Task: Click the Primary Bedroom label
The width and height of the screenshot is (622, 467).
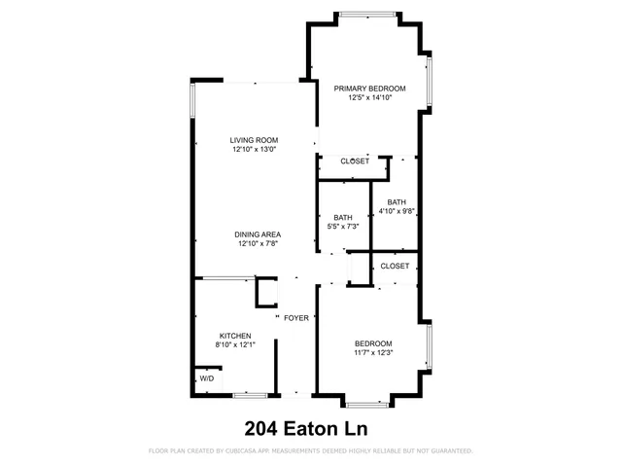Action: [369, 89]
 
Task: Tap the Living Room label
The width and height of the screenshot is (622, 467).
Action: [254, 140]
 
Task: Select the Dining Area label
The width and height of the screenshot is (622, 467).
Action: [258, 234]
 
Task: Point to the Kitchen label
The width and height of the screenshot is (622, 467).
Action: [234, 336]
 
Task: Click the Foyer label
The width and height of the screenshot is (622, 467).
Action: [295, 318]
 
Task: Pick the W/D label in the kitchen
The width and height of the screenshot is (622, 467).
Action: [207, 377]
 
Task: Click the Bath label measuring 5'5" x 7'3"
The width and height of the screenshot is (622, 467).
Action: [343, 217]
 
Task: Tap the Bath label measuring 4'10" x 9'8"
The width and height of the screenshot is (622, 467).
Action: [396, 201]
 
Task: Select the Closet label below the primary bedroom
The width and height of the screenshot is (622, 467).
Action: [354, 162]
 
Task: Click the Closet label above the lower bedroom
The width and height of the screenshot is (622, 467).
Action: [395, 266]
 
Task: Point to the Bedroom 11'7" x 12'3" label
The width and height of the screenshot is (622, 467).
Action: [373, 343]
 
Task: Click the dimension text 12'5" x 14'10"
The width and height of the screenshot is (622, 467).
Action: [369, 98]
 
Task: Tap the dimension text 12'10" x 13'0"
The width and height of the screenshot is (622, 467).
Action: [254, 150]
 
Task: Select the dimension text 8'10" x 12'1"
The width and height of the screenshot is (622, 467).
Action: [234, 345]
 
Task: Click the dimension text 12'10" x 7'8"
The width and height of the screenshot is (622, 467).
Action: [258, 244]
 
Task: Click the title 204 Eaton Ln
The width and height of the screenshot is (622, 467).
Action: [311, 427]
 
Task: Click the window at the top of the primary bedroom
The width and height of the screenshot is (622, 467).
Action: [366, 14]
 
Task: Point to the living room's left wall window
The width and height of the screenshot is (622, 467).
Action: [193, 100]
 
